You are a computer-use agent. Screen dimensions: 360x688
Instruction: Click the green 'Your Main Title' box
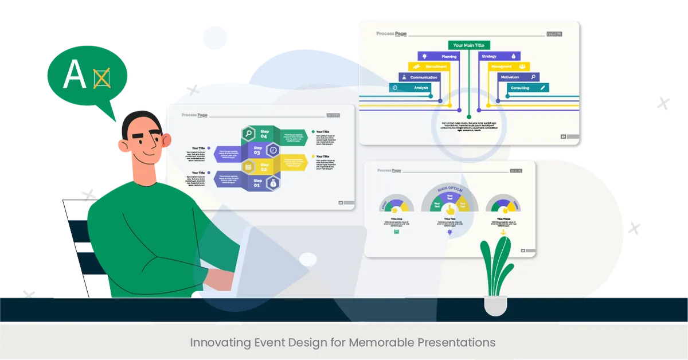click(469, 45)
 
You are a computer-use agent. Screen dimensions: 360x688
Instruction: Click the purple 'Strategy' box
click(498, 56)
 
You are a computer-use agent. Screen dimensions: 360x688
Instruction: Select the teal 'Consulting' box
click(527, 88)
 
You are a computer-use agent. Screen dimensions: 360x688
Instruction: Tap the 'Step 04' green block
click(264, 134)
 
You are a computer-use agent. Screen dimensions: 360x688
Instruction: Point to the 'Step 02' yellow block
click(264, 167)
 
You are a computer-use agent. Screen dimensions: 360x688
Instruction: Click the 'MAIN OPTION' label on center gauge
click(450, 189)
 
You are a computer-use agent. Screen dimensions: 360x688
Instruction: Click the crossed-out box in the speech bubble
click(101, 78)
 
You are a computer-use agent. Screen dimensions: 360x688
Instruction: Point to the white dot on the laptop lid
click(308, 259)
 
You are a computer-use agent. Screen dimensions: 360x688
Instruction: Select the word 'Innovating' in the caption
click(220, 343)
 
